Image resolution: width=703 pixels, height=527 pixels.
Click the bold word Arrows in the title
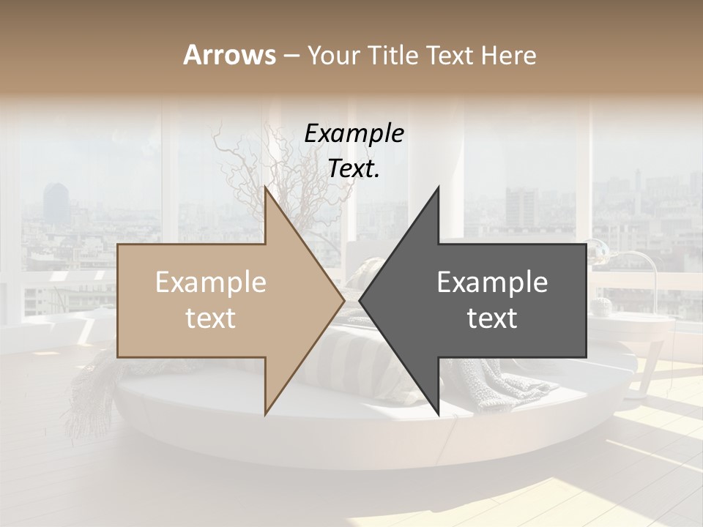[230, 55]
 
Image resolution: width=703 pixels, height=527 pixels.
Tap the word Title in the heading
[393, 55]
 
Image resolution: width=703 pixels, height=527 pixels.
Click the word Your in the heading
[333, 56]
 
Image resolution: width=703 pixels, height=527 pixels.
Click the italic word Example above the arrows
[354, 134]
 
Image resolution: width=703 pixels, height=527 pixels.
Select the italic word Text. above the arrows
[354, 168]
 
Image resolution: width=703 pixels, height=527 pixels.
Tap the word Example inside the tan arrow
[211, 283]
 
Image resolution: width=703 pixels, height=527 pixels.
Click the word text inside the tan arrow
[211, 318]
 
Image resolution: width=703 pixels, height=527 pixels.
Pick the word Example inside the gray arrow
[492, 283]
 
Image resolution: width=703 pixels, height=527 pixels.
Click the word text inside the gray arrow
[492, 318]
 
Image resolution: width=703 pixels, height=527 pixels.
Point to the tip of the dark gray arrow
[360, 300]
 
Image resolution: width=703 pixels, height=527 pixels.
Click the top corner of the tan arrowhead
[265, 188]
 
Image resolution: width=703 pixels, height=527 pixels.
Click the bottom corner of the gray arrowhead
[439, 414]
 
